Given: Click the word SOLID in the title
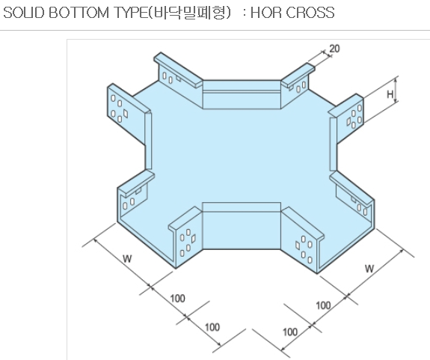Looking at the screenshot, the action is click(24, 13).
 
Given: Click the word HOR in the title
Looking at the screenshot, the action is click(265, 13).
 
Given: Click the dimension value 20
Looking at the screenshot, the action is click(334, 49).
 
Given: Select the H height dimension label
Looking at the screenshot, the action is click(390, 94).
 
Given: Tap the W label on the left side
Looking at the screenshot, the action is click(127, 258).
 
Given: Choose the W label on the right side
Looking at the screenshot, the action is click(369, 269).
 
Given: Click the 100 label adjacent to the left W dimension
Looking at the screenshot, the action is click(178, 299).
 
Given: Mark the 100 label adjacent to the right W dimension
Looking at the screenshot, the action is click(323, 305).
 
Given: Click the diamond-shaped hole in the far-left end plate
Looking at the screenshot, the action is click(126, 113).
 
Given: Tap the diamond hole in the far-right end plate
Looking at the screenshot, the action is click(348, 121).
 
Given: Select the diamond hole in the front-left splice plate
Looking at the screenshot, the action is click(194, 238).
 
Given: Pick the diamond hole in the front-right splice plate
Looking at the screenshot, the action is click(298, 245).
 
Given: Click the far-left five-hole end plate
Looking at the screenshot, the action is click(126, 113).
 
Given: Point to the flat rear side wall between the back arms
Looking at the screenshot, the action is click(242, 95).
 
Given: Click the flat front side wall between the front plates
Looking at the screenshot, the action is click(242, 226).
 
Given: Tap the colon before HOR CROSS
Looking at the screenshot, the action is click(244, 13).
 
